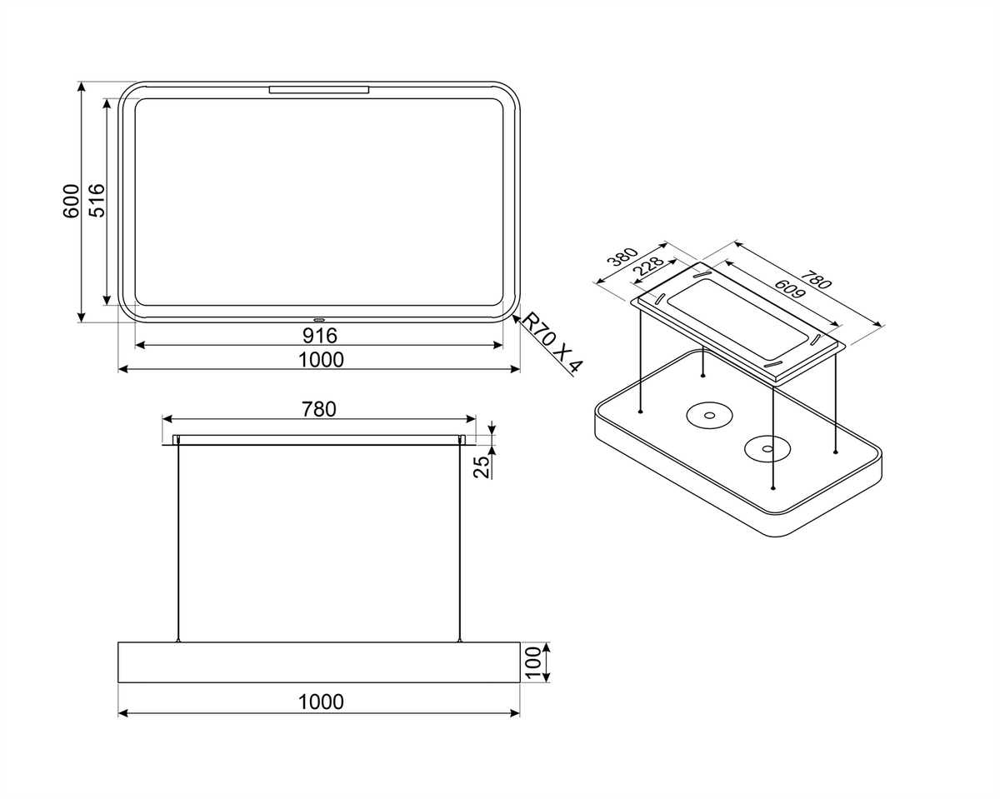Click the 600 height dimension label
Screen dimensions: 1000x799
click(x=71, y=201)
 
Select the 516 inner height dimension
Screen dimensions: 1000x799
click(x=97, y=201)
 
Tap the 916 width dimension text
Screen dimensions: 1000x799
click(x=320, y=336)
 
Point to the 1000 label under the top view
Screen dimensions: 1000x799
click(x=321, y=360)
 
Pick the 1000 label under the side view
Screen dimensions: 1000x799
click(x=321, y=702)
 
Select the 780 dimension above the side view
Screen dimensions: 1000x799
click(x=319, y=409)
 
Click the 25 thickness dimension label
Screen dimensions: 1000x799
click(x=482, y=467)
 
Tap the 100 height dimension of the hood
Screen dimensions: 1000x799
click(x=534, y=662)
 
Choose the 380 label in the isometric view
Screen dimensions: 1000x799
click(x=625, y=257)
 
